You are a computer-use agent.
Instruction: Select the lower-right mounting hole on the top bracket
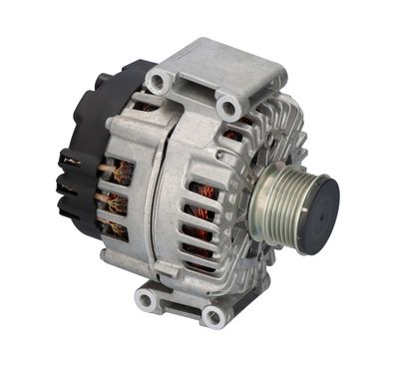(227, 104)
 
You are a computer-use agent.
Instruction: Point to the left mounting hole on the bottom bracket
(148, 298)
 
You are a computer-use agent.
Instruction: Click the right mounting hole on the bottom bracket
(210, 316)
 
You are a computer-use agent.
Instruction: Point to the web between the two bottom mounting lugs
(180, 299)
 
